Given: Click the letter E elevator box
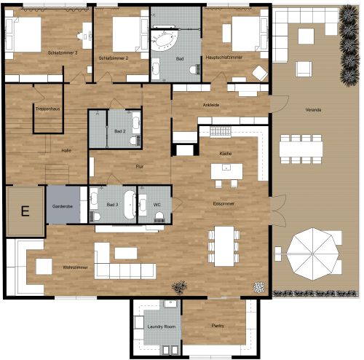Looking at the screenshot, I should (x=25, y=212).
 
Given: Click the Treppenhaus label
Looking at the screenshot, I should (x=47, y=109).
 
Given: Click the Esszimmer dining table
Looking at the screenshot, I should (x=223, y=240).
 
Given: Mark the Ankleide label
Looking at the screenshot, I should (x=211, y=105).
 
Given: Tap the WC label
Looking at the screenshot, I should (x=157, y=205).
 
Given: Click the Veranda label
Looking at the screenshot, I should (x=314, y=110).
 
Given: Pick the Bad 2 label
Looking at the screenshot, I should (x=120, y=131).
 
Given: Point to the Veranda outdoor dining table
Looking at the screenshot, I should (x=301, y=146).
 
